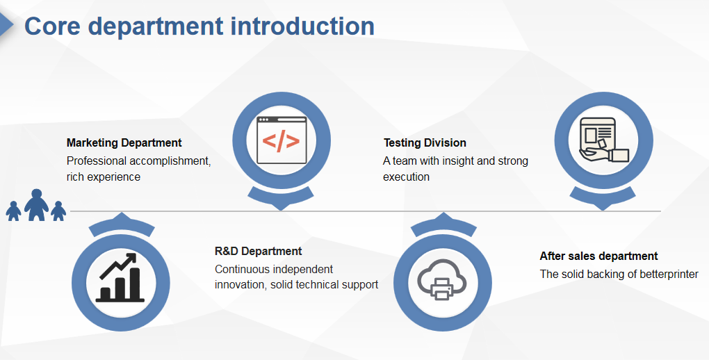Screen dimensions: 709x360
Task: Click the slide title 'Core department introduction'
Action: (x=199, y=26)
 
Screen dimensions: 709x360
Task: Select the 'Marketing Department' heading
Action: (x=124, y=143)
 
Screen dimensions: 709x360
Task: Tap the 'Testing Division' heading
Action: (x=425, y=143)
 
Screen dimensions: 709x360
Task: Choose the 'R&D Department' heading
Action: (x=258, y=251)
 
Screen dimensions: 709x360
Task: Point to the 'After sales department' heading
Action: (x=598, y=256)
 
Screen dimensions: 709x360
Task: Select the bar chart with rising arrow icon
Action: (x=120, y=277)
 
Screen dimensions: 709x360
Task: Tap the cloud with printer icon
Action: (x=442, y=279)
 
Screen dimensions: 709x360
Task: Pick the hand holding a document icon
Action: (x=604, y=140)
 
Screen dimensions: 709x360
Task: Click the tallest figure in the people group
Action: (x=37, y=205)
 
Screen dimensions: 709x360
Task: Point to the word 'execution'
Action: (x=406, y=177)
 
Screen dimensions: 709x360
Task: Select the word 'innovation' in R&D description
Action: (x=240, y=284)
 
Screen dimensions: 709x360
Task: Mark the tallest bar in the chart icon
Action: (x=135, y=284)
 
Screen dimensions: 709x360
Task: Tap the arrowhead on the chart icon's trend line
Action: (x=131, y=258)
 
